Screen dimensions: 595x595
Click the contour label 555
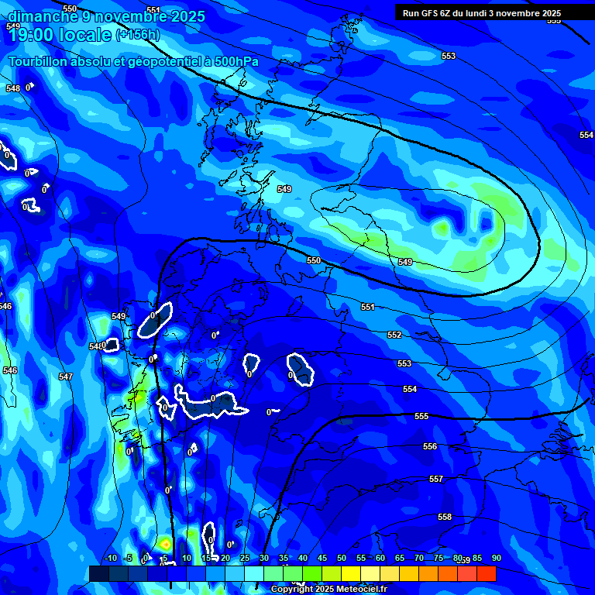click(421, 416)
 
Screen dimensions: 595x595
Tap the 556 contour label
click(430, 446)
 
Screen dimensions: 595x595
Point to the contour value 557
click(436, 479)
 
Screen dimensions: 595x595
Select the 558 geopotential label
click(445, 517)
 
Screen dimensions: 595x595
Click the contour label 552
click(394, 335)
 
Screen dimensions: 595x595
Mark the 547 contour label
click(65, 377)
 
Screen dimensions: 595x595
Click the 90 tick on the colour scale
click(496, 559)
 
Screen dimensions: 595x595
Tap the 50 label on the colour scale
click(342, 559)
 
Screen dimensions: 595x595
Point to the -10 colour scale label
click(109, 559)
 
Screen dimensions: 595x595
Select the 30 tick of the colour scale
click(264, 559)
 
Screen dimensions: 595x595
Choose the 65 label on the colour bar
click(400, 559)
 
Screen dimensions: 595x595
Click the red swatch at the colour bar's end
click(487, 573)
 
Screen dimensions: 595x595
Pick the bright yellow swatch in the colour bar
click(351, 573)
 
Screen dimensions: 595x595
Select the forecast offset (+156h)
click(137, 36)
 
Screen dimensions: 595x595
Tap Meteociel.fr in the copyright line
click(349, 590)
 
